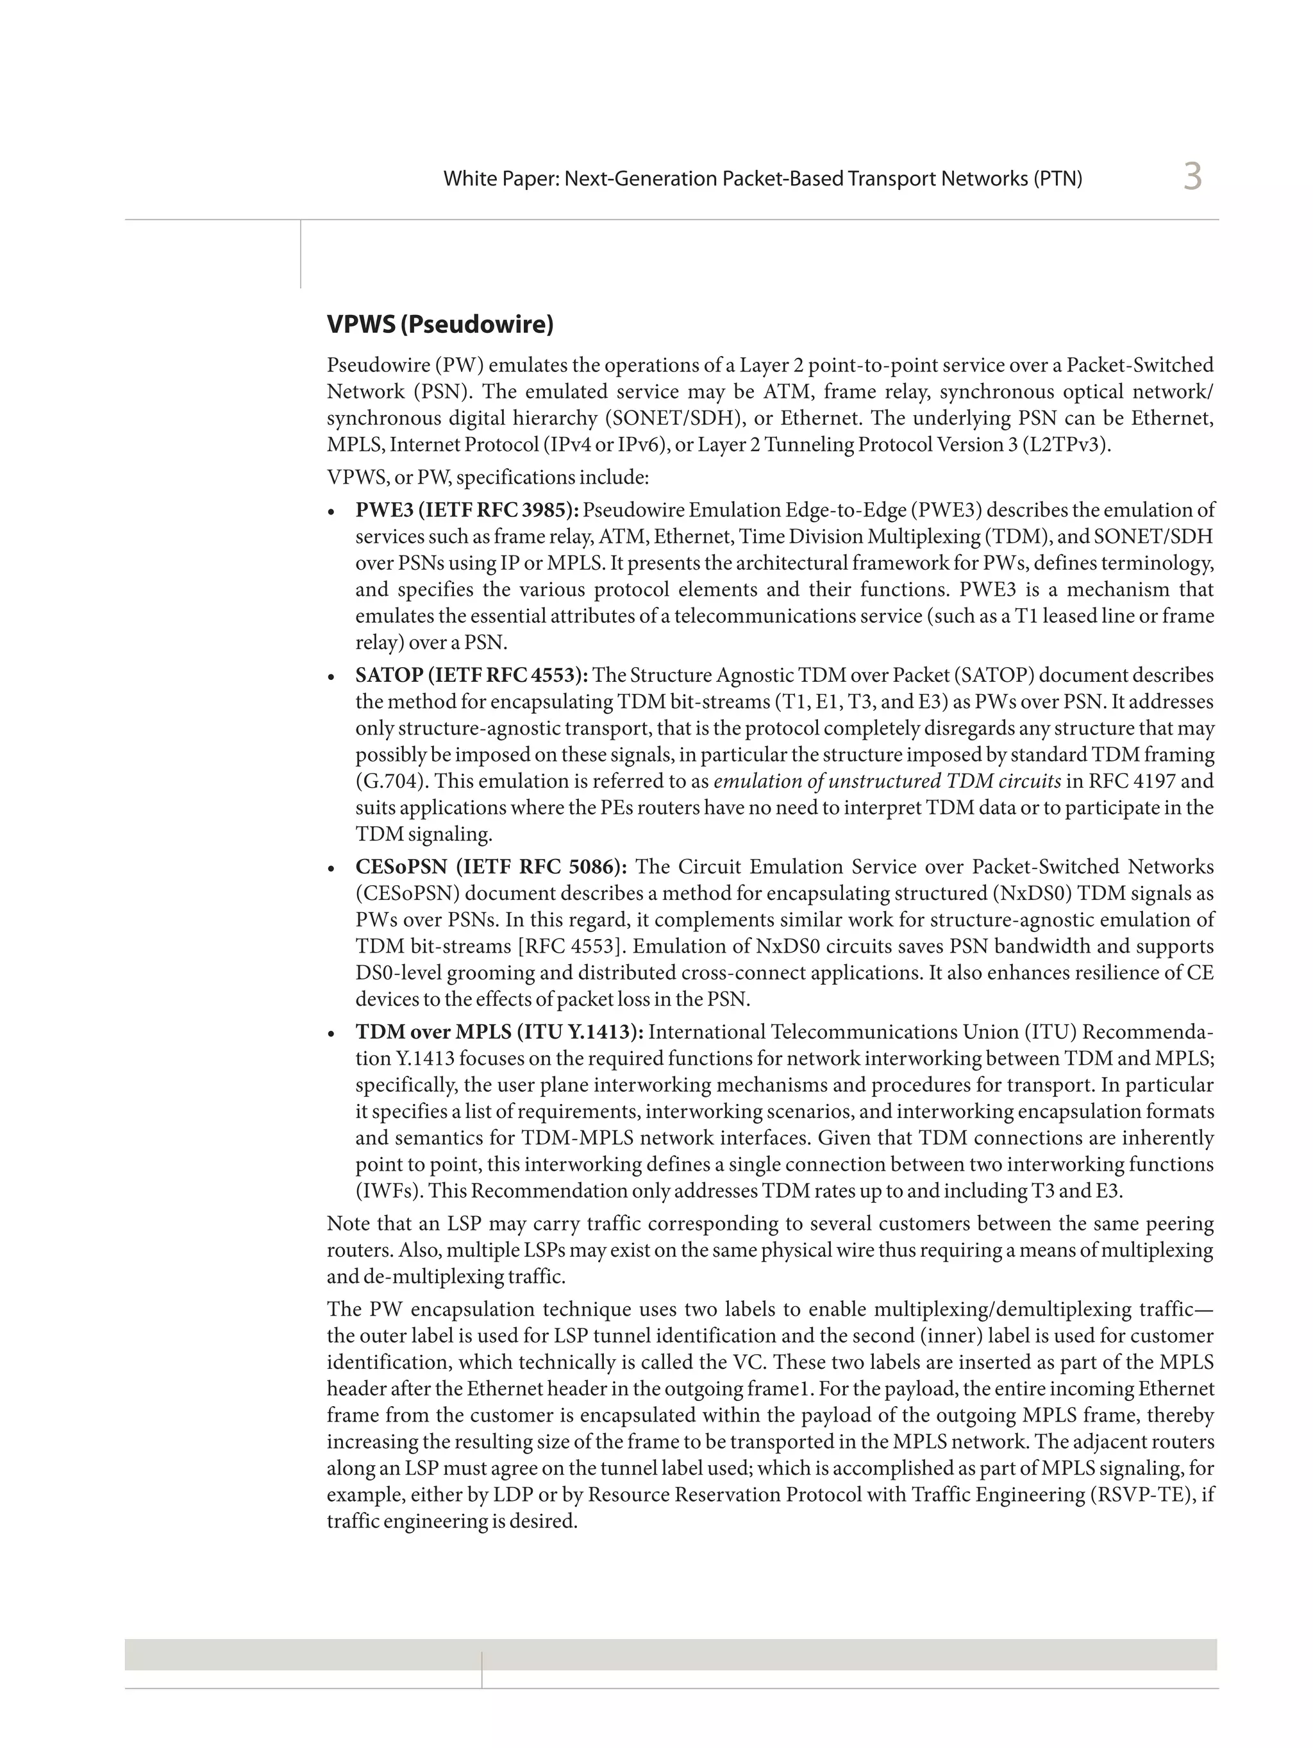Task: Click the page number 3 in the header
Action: pos(1191,176)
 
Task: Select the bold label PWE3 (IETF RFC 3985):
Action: pos(467,511)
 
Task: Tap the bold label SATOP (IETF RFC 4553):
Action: pos(471,675)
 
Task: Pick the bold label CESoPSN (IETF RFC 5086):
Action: pos(490,867)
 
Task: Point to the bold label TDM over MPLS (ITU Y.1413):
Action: pos(499,1032)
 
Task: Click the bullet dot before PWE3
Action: pos(333,512)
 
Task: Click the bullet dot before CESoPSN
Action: pos(333,869)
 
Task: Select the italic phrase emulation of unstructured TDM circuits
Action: pos(887,781)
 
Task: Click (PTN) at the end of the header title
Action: pos(1057,178)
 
